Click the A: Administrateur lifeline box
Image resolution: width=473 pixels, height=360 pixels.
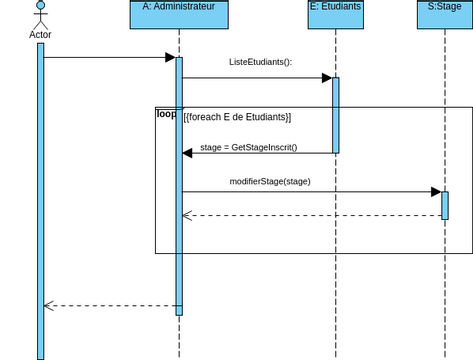[179, 14]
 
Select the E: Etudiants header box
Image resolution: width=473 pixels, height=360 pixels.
[335, 14]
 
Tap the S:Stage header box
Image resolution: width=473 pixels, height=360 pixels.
[444, 14]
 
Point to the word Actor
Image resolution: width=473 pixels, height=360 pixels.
[41, 34]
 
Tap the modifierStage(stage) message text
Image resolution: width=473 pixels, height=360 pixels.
[270, 181]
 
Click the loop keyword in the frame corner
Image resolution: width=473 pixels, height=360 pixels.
[166, 114]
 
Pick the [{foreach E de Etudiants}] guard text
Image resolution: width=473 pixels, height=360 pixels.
[237, 117]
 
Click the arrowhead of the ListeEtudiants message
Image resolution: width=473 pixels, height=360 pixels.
[326, 77]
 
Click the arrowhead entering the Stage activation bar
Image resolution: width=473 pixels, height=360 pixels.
[436, 191]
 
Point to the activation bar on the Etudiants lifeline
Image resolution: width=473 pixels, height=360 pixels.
[336, 115]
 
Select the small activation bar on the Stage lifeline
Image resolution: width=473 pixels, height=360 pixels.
[445, 204]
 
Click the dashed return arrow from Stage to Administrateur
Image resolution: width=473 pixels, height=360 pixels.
[310, 215]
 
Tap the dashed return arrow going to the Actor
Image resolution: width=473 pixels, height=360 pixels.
[110, 306]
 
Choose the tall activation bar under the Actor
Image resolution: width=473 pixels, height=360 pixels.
[41, 200]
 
